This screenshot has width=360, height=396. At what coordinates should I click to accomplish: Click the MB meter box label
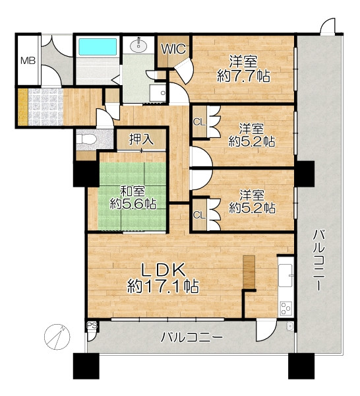click(28, 61)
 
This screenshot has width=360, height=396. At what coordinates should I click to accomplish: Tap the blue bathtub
click(98, 47)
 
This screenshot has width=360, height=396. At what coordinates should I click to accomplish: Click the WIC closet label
click(174, 49)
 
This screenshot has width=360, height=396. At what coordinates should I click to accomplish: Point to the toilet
click(86, 139)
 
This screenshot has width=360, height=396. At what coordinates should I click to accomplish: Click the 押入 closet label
click(141, 139)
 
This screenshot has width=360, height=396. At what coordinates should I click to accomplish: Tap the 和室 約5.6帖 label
click(133, 197)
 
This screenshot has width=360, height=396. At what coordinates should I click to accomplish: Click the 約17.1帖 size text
click(163, 286)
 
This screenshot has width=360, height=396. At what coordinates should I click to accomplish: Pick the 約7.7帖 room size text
click(244, 76)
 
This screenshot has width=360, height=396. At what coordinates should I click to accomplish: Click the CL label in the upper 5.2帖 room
click(199, 122)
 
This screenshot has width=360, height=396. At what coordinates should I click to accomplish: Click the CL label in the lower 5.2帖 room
click(199, 215)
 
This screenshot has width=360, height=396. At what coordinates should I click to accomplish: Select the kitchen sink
click(286, 275)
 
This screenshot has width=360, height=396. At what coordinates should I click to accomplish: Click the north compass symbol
click(57, 337)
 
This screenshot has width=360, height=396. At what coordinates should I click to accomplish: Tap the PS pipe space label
click(92, 325)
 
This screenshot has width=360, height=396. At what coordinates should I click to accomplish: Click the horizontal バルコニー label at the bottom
click(193, 337)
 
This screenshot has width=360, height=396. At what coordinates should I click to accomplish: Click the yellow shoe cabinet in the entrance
click(22, 107)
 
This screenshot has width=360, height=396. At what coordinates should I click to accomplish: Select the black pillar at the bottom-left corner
click(86, 366)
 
